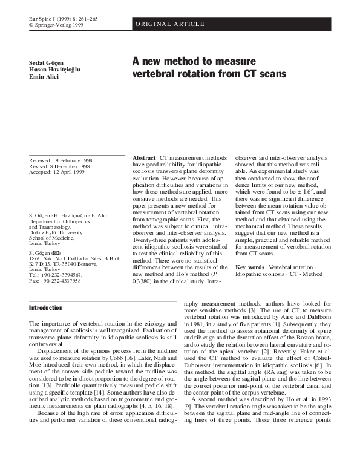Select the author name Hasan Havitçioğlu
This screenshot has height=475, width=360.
pyautogui.click(x=54, y=70)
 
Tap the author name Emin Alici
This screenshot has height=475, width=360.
pyautogui.click(x=44, y=77)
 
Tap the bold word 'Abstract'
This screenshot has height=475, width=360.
pyautogui.click(x=145, y=157)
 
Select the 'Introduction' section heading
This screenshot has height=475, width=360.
pyautogui.click(x=46, y=307)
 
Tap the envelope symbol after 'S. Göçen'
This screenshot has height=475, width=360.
pyautogui.click(x=56, y=252)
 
